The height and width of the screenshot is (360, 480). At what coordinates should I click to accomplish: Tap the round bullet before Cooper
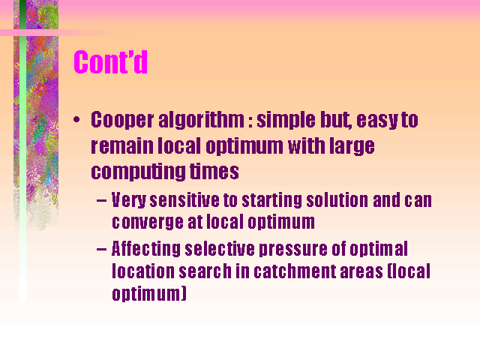click(x=76, y=119)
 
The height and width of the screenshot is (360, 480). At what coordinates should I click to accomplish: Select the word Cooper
click(x=122, y=120)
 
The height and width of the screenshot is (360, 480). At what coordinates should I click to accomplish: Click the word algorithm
click(x=202, y=120)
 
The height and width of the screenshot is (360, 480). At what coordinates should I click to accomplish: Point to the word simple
click(x=286, y=120)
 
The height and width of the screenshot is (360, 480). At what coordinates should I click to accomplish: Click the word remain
click(x=122, y=147)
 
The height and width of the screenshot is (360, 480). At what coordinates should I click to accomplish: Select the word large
click(x=352, y=147)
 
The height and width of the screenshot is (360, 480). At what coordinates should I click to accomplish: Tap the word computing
click(x=138, y=172)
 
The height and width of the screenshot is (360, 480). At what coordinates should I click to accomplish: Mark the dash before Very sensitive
click(x=101, y=201)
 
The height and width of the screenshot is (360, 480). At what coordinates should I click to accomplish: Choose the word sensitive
click(x=184, y=200)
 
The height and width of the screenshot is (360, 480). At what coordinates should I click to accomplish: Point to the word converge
click(x=148, y=223)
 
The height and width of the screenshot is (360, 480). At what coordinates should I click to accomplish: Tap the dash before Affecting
click(x=101, y=250)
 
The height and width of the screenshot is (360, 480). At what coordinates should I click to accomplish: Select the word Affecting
click(x=146, y=248)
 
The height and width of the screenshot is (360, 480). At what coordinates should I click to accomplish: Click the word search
click(x=205, y=271)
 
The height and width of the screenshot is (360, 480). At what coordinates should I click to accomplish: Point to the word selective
click(x=220, y=248)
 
